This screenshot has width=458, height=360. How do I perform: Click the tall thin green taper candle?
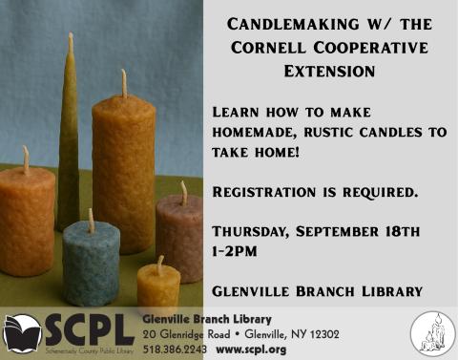coord(69,143)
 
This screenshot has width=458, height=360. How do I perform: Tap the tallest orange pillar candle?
coord(123,172)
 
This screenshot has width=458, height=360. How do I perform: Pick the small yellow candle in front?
coord(158,286)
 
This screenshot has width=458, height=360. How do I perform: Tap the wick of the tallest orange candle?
coord(123,82)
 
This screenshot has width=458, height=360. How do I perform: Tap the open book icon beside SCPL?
coord(22,331)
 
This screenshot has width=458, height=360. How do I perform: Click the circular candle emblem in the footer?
coord(431,333)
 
